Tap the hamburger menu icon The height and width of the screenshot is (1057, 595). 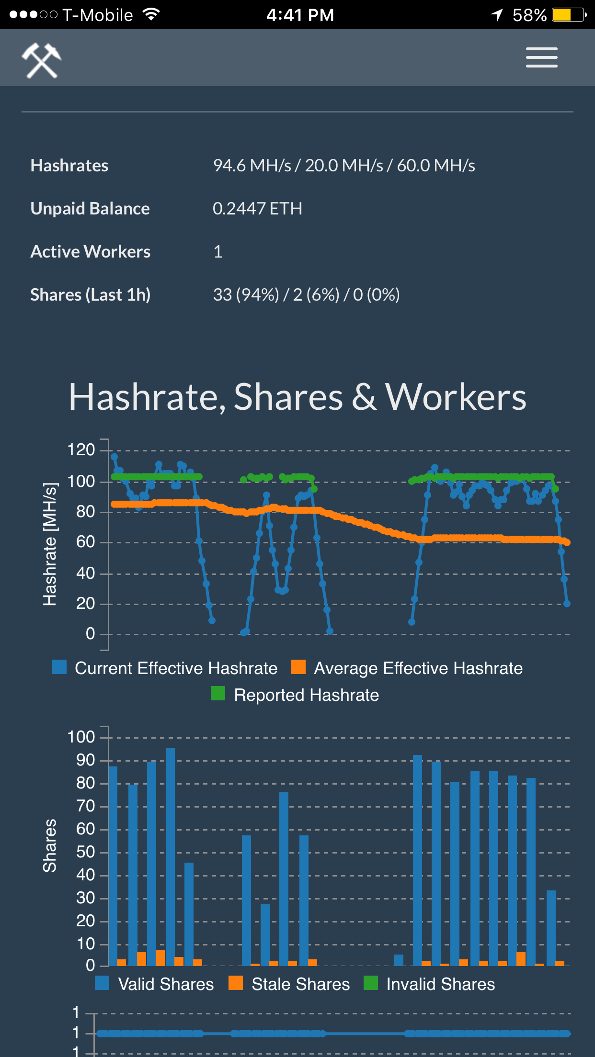click(541, 57)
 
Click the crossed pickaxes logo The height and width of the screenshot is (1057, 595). click(41, 60)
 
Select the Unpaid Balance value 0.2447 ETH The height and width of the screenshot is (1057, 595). click(257, 209)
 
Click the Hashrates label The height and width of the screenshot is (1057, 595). click(69, 166)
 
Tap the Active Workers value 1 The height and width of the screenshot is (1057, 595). click(218, 252)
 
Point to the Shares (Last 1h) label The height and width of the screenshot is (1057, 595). click(91, 295)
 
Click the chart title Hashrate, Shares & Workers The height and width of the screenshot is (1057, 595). click(297, 397)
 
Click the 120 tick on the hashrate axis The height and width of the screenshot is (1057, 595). click(81, 450)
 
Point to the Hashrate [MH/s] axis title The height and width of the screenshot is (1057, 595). click(50, 544)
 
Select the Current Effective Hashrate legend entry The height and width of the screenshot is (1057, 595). click(165, 668)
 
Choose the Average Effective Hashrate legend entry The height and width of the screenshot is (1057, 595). click(407, 668)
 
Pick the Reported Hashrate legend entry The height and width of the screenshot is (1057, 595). click(295, 695)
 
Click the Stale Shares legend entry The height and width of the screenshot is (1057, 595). click(289, 984)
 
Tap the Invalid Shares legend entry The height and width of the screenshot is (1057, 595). click(429, 984)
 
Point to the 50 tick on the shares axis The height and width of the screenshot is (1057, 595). click(86, 852)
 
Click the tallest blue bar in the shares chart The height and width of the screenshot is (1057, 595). click(170, 857)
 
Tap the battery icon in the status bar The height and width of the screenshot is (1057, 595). click(569, 15)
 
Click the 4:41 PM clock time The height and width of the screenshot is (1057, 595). click(300, 15)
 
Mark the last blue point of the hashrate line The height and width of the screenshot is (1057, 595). click(567, 604)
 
